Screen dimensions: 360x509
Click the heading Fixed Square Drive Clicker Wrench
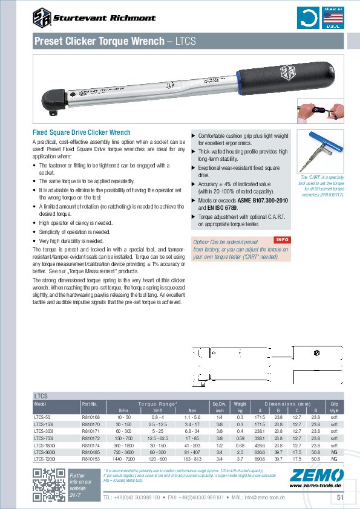pos(81,132)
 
